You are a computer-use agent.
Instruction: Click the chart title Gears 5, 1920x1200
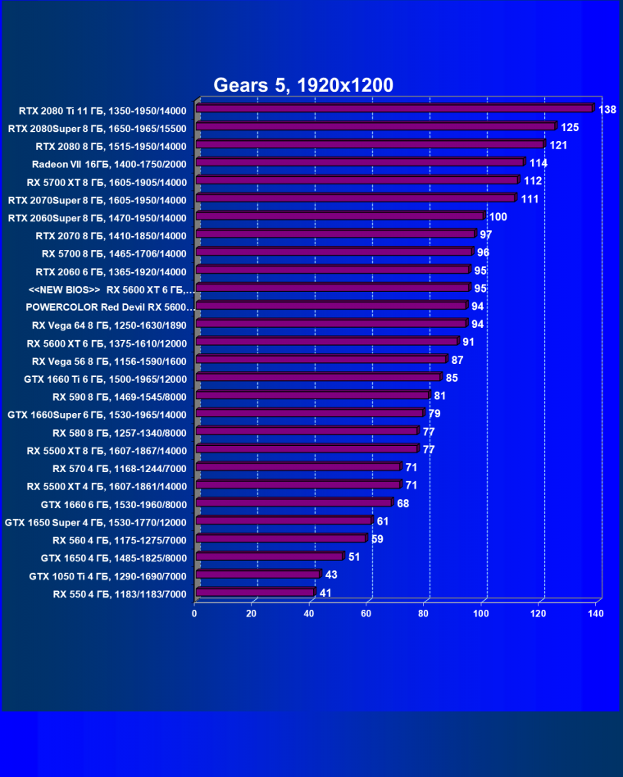coord(303,85)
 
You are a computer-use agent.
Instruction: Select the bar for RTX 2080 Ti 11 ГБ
coord(393,109)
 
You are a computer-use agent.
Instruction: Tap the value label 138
coord(607,110)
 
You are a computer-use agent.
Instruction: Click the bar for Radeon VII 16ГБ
coord(359,163)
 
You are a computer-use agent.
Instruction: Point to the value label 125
coord(571,128)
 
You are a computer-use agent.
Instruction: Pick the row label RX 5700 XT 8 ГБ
coord(107,182)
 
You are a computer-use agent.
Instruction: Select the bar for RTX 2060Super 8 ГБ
coord(339,217)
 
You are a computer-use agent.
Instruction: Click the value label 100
coord(499,217)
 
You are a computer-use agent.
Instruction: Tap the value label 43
coord(332,575)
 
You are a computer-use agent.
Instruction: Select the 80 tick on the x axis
coord(425,613)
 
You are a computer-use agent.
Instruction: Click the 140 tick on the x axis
coord(596,613)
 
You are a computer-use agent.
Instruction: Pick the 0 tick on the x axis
coord(194,613)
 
